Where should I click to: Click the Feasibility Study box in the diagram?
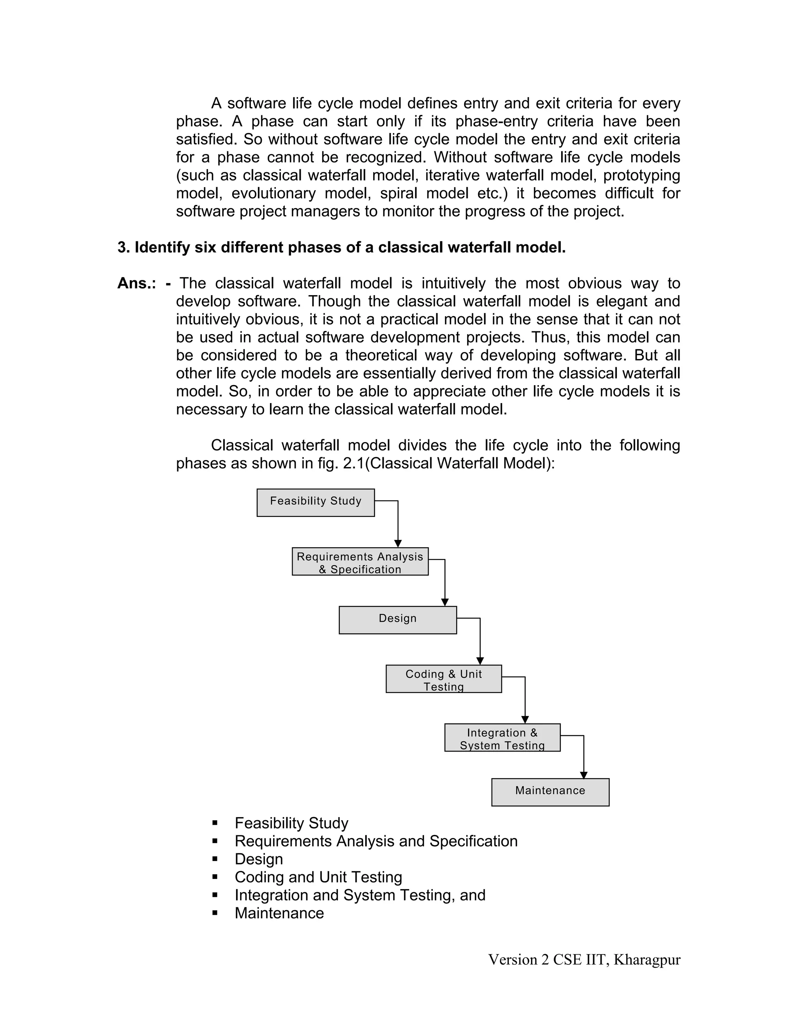click(x=315, y=502)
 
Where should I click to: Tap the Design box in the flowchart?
click(x=397, y=620)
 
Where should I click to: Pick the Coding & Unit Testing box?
click(x=443, y=679)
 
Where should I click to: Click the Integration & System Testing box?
click(x=502, y=738)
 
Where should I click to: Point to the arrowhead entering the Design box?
click(x=445, y=602)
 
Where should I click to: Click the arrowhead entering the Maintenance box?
click(x=584, y=775)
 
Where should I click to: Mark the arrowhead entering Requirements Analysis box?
click(x=398, y=543)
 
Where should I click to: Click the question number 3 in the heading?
click(x=123, y=248)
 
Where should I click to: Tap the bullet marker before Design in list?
click(x=215, y=859)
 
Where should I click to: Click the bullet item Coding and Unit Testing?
click(x=318, y=877)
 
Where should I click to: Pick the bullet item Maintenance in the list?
click(x=279, y=913)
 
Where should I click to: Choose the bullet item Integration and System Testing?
click(x=360, y=895)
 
